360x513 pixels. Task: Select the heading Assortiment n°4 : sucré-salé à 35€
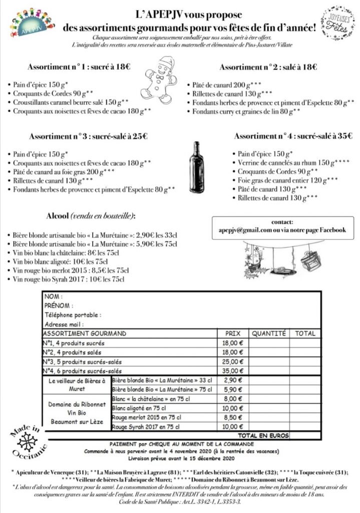pos(291,136)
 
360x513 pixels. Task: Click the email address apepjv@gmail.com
pos(238,230)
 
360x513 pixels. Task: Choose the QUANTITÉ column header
pos(268,333)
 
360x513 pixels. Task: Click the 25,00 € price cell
pos(232,362)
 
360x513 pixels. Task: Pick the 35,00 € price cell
pos(232,371)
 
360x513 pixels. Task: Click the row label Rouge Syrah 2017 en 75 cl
pos(146,427)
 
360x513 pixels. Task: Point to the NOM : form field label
pos(54,296)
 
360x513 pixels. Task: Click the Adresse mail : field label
pos(64,325)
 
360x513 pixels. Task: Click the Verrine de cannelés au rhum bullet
pos(283,163)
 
